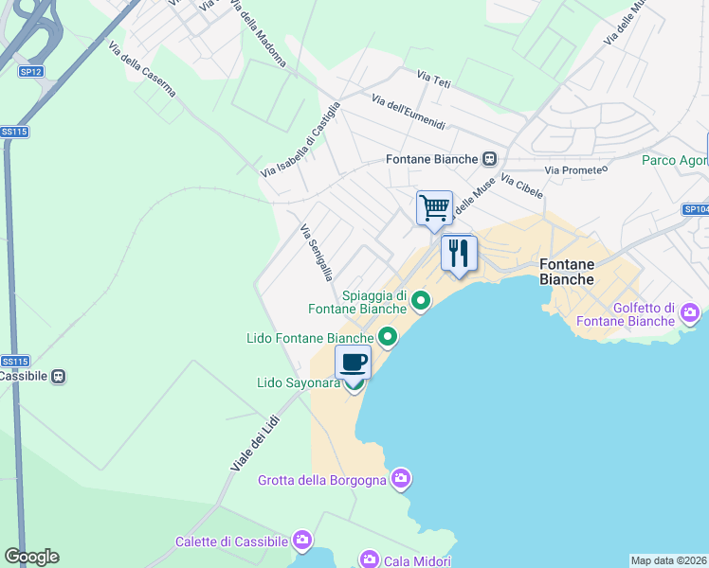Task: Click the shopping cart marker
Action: [434, 207]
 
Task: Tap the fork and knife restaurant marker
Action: [459, 253]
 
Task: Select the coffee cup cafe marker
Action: [354, 362]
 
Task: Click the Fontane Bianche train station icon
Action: [489, 159]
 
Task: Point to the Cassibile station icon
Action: [59, 376]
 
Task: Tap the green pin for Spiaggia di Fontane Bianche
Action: [421, 302]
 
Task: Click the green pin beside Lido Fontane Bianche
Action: [388, 337]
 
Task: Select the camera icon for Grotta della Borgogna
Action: [401, 479]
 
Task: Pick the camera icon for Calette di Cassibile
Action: [302, 541]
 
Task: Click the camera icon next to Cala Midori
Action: [369, 560]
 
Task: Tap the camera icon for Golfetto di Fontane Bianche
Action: [689, 311]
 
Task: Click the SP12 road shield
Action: [30, 71]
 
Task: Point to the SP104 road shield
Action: [696, 209]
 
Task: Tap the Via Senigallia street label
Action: [316, 252]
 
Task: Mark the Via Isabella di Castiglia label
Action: [300, 139]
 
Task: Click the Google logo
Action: [31, 557]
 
